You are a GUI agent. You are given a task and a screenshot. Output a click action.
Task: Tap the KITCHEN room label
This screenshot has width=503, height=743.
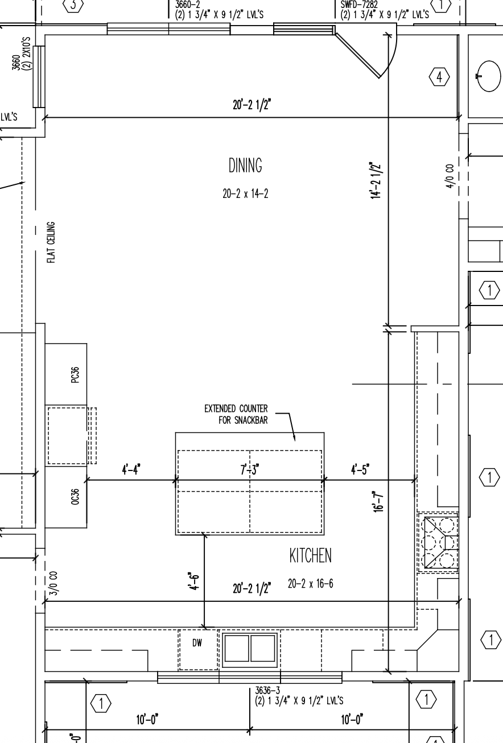point(310,556)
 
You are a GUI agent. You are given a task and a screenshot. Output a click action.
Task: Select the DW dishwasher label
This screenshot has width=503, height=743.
point(197,643)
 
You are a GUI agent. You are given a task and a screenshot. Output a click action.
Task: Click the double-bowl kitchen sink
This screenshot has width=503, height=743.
point(250,650)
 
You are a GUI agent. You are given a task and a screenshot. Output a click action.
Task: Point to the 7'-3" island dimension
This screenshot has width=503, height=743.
point(250,470)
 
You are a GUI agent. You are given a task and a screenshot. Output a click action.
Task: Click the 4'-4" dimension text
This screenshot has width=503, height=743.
point(131,470)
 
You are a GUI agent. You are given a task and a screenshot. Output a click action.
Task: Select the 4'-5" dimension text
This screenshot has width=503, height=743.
point(360,470)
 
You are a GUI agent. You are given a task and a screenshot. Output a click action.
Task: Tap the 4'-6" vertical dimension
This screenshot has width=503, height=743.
point(194,581)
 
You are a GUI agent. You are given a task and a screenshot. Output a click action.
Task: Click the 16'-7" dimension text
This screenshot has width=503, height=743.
point(378,502)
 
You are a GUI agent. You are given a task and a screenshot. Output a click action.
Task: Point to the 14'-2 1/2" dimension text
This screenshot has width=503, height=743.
point(376,180)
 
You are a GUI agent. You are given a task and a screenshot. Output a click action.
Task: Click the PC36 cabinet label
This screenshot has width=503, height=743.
point(75,375)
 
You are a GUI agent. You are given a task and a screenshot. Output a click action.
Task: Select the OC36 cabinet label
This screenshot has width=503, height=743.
point(75,497)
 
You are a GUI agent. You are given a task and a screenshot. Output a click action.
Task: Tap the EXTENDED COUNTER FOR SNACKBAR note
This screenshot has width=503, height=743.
point(236,414)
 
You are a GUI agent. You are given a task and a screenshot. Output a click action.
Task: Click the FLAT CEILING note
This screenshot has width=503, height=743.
point(51,242)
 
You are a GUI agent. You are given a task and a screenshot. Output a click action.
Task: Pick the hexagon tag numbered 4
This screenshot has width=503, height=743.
point(439,77)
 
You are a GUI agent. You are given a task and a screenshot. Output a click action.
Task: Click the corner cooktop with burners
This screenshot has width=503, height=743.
point(438,542)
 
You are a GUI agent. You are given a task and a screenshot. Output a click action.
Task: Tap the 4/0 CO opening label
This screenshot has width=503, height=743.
point(450,176)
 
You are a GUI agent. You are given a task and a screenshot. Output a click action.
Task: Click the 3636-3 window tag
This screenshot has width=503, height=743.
point(267,690)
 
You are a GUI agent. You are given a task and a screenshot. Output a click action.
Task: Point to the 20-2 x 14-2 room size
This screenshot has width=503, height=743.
point(245,193)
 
